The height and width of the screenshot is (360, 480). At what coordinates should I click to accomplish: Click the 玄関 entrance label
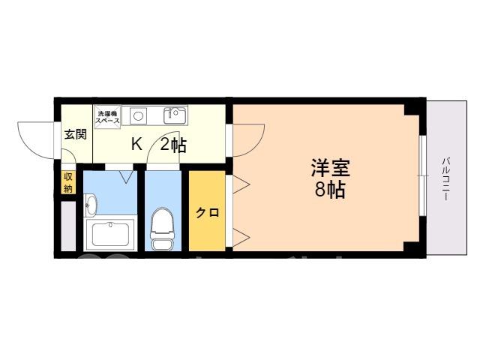click(x=76, y=135)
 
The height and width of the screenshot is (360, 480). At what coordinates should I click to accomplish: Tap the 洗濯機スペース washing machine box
click(x=107, y=117)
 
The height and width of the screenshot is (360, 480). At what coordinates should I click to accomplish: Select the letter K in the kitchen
click(x=136, y=144)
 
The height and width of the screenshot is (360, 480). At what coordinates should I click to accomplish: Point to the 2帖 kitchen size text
click(x=173, y=145)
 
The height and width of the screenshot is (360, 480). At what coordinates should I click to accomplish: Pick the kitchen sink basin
click(x=175, y=115)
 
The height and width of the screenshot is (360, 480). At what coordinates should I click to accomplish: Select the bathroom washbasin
click(x=90, y=204)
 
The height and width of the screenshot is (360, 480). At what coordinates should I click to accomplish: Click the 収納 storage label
click(x=68, y=183)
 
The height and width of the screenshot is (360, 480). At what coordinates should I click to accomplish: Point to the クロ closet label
click(x=207, y=212)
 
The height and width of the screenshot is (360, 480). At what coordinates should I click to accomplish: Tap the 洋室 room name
click(x=330, y=168)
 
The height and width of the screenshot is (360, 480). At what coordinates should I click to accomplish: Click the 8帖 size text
click(x=330, y=190)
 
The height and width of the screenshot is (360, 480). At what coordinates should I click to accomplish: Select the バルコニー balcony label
click(x=446, y=178)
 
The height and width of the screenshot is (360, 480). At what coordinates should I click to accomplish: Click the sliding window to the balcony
click(x=423, y=175)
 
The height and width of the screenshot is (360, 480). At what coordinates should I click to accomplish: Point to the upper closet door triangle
click(x=241, y=184)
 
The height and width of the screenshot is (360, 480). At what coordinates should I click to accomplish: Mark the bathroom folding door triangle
click(x=126, y=177)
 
